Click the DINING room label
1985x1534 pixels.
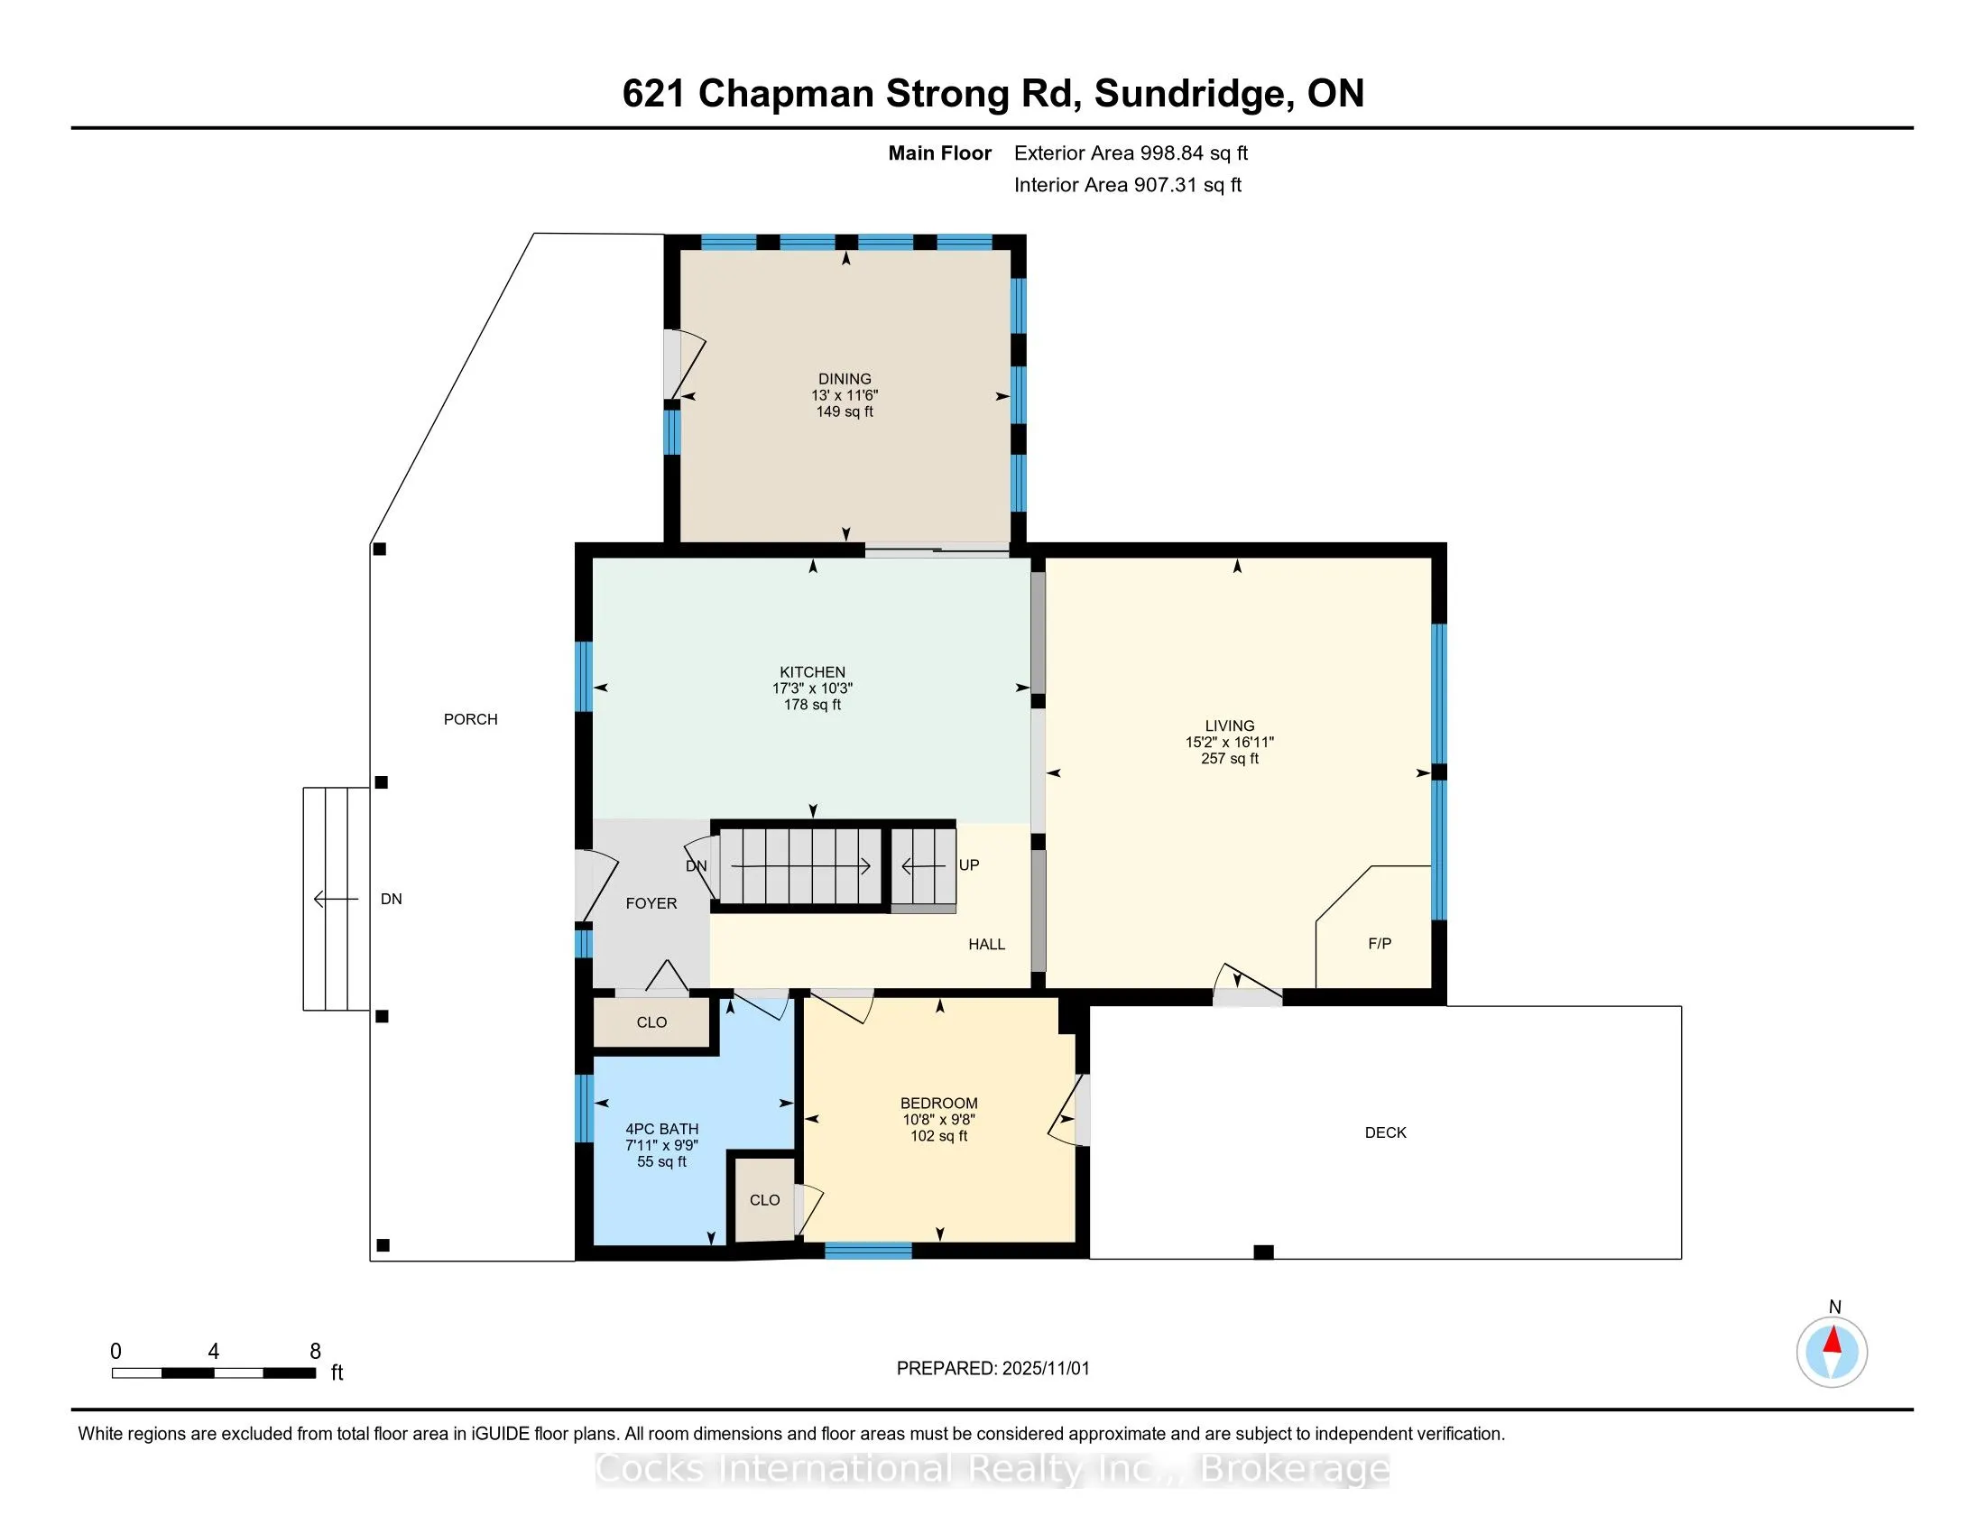tap(845, 379)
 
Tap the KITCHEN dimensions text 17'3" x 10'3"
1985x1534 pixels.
tap(812, 688)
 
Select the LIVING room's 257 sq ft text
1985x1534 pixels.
tap(1229, 759)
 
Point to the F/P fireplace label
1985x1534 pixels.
tap(1379, 943)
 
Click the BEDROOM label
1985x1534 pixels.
tap(939, 1104)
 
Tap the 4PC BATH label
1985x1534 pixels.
tap(661, 1129)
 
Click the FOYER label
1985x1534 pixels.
tap(651, 903)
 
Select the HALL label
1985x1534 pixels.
tap(986, 944)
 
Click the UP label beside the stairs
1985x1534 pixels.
tap(969, 865)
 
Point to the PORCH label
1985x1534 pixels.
tap(470, 719)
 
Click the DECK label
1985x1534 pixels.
tap(1385, 1132)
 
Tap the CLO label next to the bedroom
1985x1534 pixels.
tap(764, 1199)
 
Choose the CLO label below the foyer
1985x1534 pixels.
tap(651, 1022)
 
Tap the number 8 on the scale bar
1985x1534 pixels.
tap(316, 1352)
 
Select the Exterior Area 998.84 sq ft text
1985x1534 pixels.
tap(1131, 152)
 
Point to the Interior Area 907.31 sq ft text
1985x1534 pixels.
tap(1127, 185)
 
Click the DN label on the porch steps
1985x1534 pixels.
tap(391, 899)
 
